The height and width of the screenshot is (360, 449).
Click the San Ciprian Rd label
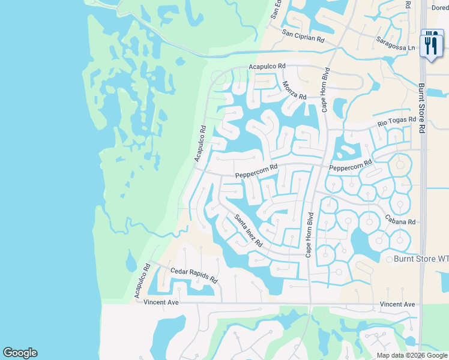coord(303,36)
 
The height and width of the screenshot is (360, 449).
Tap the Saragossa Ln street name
coord(396,44)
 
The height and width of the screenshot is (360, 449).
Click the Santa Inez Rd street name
coord(249,231)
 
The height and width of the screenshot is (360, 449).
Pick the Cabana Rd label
coord(400,221)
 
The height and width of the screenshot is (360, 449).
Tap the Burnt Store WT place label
coord(420,259)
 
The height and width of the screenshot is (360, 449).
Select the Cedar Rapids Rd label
coord(193,275)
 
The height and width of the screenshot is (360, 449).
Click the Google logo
coord(20,353)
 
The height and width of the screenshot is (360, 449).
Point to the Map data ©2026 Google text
coord(412,355)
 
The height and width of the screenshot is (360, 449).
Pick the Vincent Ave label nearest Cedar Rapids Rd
coord(161,302)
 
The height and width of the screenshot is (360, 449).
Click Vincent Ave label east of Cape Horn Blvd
coord(397,305)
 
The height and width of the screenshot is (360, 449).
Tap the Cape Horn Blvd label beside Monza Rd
coord(326,90)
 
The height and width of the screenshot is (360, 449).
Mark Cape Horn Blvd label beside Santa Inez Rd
coord(310,235)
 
